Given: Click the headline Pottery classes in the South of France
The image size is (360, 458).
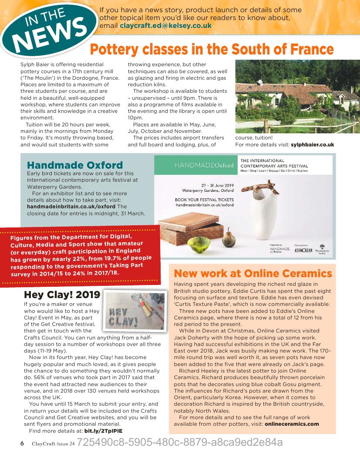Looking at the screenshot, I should point(212,49).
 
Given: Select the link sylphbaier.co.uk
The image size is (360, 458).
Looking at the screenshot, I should point(312,144).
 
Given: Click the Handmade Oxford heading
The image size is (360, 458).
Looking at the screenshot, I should point(75,165).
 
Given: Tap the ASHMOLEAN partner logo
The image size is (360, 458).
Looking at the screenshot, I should point(303,251).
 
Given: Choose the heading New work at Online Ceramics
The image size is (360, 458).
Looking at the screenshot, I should point(252,274).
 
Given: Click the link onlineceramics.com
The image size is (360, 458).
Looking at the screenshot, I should point(292,424).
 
